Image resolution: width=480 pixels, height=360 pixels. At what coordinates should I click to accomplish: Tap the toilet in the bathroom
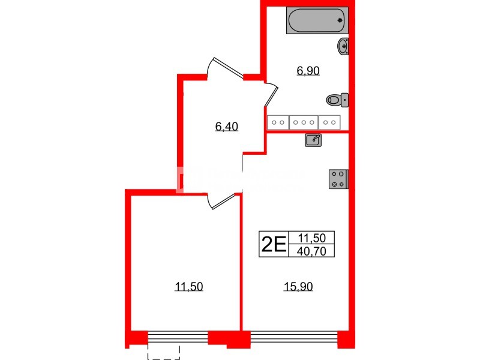point(337,100)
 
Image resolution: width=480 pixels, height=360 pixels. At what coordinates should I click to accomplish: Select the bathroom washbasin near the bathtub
point(343,46)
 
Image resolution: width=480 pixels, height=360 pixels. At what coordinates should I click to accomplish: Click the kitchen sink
point(313,140)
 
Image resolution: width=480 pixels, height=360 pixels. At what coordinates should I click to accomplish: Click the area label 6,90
point(308,71)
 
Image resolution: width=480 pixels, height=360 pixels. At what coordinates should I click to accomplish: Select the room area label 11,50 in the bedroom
point(188,287)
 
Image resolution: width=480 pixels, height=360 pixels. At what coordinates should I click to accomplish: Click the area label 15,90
point(298,287)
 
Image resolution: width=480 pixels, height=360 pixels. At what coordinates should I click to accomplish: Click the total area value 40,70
point(311,250)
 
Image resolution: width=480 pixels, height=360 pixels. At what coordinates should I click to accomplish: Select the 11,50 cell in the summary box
point(311,238)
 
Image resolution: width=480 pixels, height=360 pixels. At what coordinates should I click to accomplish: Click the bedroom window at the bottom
point(178,338)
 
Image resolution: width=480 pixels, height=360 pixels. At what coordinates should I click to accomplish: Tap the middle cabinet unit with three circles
point(304,122)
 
